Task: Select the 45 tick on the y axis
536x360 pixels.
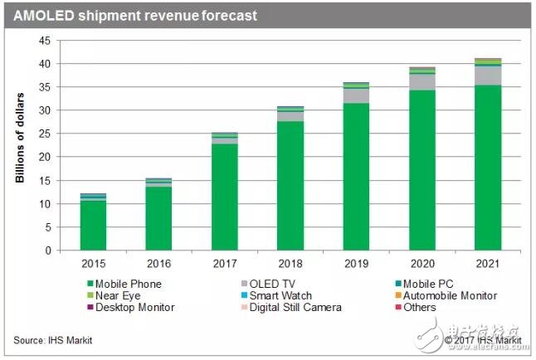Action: pos(46,41)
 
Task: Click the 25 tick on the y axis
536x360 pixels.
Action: pos(46,134)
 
